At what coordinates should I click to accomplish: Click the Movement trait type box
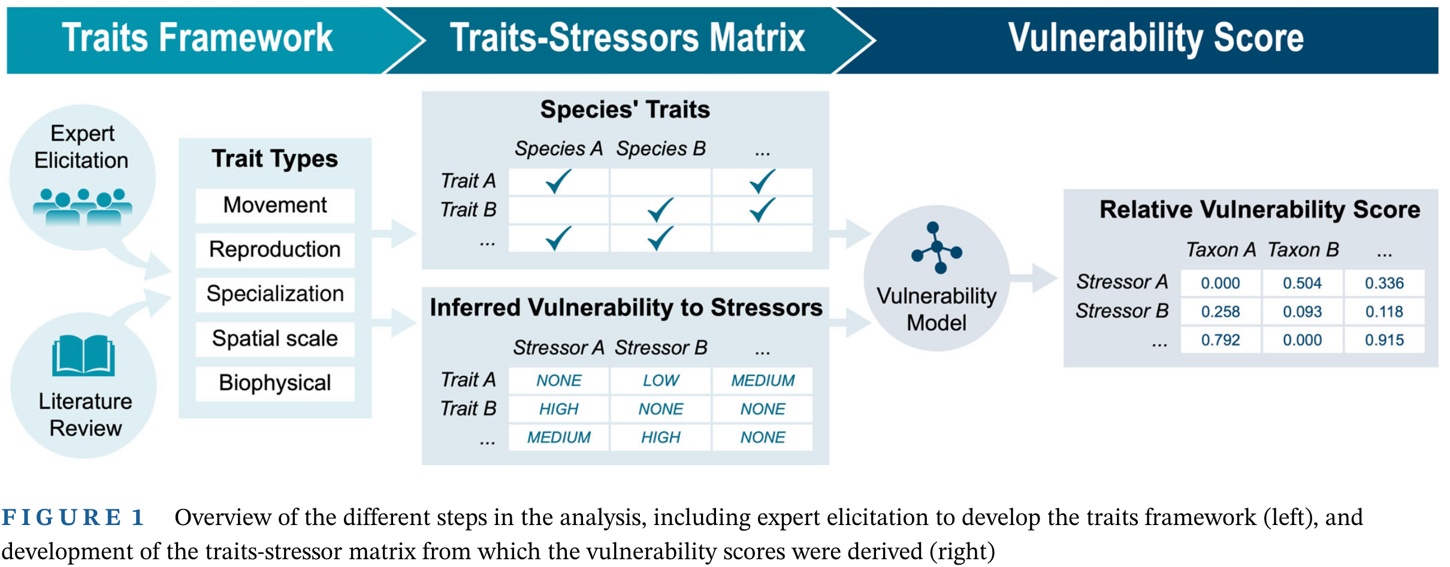(274, 206)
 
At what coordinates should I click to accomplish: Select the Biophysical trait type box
(274, 383)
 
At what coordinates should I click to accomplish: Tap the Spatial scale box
(274, 339)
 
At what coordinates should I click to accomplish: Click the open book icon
(83, 355)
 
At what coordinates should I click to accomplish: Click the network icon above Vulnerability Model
(937, 248)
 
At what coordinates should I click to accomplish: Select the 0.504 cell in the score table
(1302, 283)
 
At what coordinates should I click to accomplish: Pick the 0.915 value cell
(1384, 340)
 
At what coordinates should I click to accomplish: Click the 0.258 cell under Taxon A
(1220, 312)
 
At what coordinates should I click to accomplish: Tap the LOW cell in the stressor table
(660, 381)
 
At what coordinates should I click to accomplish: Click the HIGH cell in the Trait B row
(558, 409)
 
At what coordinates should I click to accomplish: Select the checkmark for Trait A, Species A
(558, 181)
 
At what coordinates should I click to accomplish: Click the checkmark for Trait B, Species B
(660, 210)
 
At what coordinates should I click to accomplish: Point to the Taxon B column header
(1303, 249)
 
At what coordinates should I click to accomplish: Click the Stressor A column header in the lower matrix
(558, 348)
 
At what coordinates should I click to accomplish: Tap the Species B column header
(660, 149)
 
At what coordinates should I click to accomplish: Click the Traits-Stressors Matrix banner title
(627, 38)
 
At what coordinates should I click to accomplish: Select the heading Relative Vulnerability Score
(1259, 210)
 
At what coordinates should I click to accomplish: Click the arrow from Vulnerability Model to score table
(1035, 278)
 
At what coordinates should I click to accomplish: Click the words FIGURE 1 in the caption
(73, 517)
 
